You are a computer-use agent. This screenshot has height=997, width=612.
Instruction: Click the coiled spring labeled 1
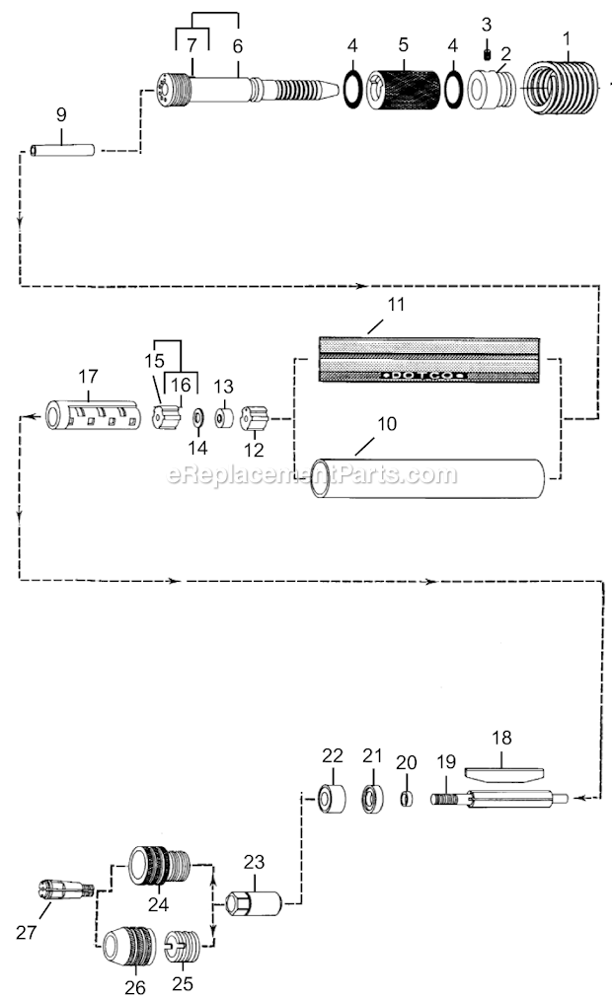pos(561,87)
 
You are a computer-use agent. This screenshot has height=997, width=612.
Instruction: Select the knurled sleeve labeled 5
pos(404,89)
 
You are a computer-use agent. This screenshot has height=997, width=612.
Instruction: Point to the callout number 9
pos(61,114)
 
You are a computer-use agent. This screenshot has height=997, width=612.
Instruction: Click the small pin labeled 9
pos(62,151)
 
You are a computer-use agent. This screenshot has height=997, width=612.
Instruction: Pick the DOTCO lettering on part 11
pos(423,375)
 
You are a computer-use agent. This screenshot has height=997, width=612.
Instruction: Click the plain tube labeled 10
pos(427,478)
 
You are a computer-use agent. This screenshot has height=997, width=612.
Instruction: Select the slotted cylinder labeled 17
pos(93,414)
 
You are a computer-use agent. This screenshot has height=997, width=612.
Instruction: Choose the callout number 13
pos(223,387)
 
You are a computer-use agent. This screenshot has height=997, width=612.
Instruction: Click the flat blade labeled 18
pos(503,775)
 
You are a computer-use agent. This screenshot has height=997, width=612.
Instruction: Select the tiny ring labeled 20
pos(406,799)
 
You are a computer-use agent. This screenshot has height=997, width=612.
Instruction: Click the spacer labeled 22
pos(333,799)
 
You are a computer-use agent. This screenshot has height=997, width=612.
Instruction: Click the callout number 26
pos(135,987)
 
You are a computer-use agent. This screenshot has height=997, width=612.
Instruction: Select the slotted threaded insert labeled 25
pos(183,948)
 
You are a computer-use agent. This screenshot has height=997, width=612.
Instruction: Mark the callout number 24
pos(158,903)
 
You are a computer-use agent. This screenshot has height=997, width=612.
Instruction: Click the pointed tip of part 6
pos(338,91)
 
